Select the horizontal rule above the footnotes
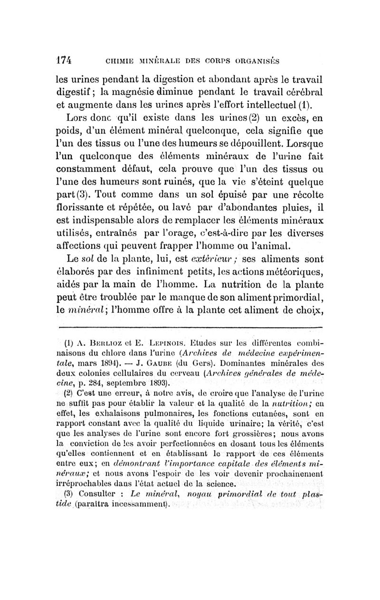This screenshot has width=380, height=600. click(x=190, y=329)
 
